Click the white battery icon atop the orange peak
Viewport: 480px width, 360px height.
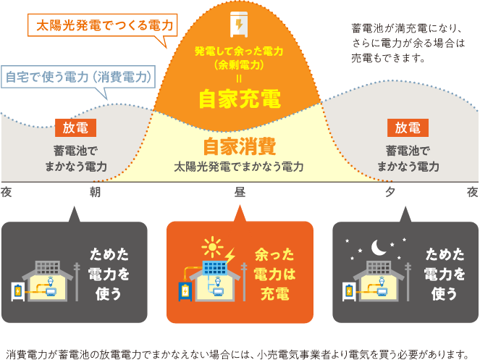click(239, 24)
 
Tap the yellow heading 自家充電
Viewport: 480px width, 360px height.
click(240, 99)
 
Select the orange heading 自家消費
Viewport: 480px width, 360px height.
click(240, 146)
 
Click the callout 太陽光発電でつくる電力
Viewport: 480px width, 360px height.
click(103, 25)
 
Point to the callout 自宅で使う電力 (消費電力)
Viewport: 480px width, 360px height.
click(78, 77)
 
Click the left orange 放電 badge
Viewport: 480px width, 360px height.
click(75, 127)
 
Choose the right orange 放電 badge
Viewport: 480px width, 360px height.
click(408, 127)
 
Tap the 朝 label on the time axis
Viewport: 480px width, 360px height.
click(95, 193)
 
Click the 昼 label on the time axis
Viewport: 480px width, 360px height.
click(240, 193)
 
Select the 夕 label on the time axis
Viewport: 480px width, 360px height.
click(390, 193)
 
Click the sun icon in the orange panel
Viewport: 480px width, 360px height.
click(212, 247)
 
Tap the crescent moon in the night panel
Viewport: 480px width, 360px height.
click(379, 248)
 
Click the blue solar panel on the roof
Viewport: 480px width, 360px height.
click(215, 268)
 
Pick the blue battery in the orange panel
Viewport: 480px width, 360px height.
click(185, 291)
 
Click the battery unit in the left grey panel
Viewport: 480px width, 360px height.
click(18, 291)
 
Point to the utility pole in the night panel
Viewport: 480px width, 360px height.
click(408, 282)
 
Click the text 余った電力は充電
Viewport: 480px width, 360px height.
click(274, 274)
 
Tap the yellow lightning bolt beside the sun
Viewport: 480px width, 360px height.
click(230, 256)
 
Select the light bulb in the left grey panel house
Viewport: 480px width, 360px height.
click(51, 281)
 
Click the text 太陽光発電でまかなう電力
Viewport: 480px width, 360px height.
click(239, 167)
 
